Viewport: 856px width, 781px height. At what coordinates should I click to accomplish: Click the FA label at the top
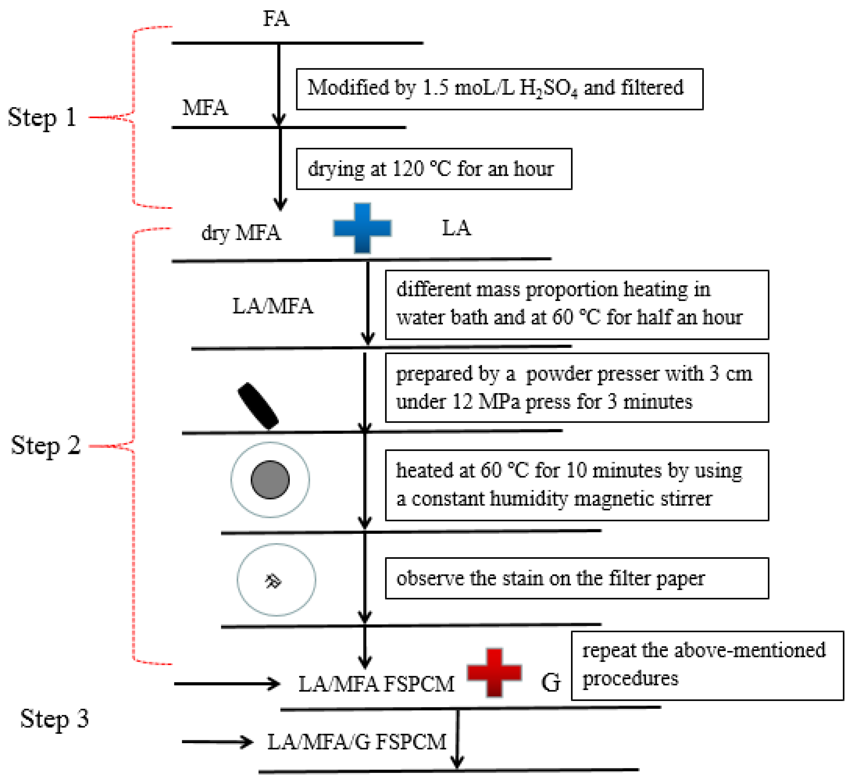click(276, 19)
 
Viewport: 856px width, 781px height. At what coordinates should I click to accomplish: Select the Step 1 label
click(42, 118)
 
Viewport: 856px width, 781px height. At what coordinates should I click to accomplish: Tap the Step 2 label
click(45, 446)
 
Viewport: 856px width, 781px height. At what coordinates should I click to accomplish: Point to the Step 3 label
click(54, 719)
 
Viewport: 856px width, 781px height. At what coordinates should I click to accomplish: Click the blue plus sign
click(362, 228)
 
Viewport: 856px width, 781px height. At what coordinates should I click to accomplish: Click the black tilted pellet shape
click(258, 406)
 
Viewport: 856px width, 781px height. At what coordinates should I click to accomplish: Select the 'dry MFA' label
click(241, 233)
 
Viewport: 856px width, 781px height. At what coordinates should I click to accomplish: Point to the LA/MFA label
click(273, 306)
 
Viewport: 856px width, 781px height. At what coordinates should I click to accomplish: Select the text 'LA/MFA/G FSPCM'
click(357, 742)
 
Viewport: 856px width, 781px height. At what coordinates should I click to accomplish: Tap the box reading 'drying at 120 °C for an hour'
click(434, 169)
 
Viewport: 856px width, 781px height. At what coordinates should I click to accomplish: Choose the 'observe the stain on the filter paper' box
click(577, 579)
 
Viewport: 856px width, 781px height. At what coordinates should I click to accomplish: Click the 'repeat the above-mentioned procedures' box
click(707, 666)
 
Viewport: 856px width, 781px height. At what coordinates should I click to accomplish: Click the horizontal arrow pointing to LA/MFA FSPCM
click(227, 684)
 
